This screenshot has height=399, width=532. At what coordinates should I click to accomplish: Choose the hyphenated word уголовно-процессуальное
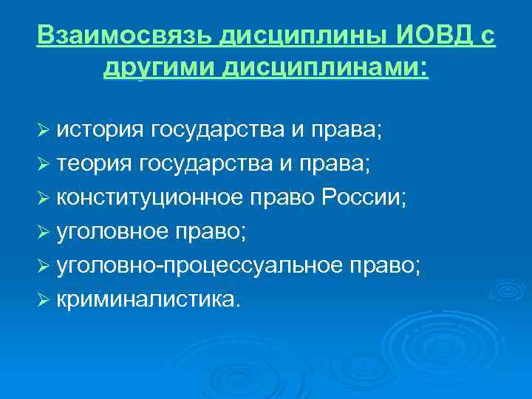click(194, 265)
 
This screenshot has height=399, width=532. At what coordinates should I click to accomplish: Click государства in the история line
click(224, 131)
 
